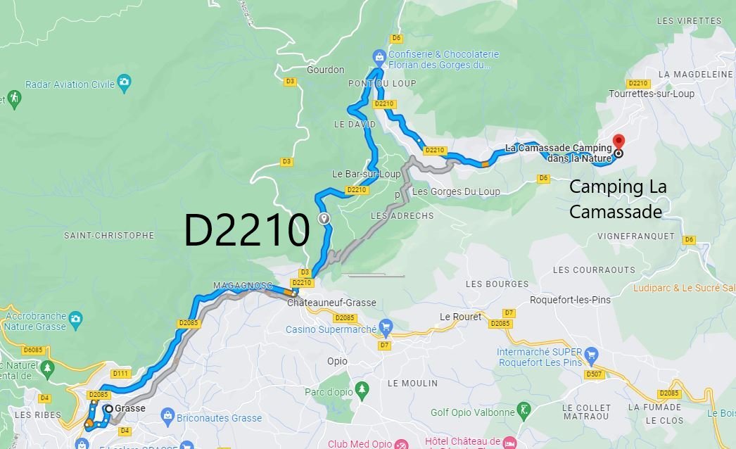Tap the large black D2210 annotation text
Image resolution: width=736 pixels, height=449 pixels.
[x=246, y=230]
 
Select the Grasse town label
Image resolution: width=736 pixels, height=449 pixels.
[x=130, y=408]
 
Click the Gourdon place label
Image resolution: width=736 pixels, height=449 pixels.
[x=326, y=70]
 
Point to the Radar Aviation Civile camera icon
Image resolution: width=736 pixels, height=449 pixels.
[x=125, y=82]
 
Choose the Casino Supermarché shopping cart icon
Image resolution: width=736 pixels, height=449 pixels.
[x=385, y=327]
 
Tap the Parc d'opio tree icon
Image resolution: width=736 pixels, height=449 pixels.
[x=362, y=388]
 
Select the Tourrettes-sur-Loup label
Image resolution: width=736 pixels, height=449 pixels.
[x=652, y=94]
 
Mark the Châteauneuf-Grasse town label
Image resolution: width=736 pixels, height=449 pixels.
[x=331, y=303]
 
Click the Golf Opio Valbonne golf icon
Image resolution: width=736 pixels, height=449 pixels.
[x=524, y=409]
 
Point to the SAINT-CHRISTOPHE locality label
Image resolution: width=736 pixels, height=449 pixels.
[x=108, y=235]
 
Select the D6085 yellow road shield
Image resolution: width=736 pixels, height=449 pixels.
[x=34, y=350]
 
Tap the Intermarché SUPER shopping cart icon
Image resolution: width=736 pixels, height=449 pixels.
[x=592, y=354]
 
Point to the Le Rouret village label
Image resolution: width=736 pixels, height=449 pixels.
[x=460, y=317]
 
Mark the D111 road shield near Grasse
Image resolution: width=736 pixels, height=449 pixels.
[x=121, y=373]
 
